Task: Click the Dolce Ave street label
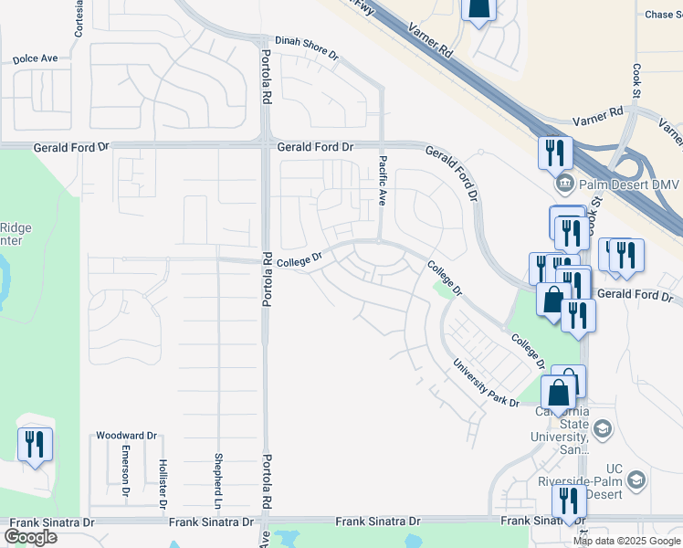36,58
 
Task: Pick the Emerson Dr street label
126,472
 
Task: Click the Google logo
30,537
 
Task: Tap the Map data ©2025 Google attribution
626,541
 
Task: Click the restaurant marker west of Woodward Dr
35,445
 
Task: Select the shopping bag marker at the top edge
478,8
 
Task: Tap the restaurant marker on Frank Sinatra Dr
569,501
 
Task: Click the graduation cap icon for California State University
603,429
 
